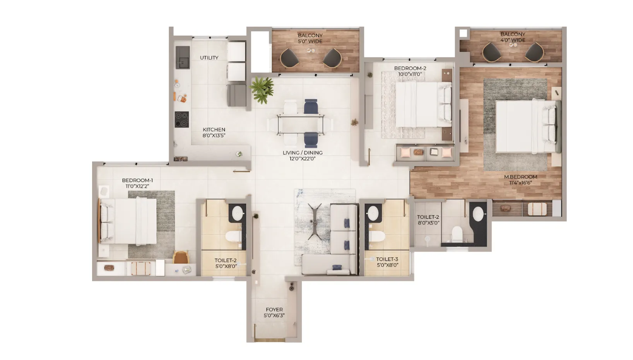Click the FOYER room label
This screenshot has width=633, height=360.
pyautogui.click(x=274, y=312)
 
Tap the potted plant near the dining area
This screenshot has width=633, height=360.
pyautogui.click(x=262, y=90)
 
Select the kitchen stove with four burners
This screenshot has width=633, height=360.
pyautogui.click(x=181, y=119)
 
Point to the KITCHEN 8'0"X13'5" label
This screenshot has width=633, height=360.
pyautogui.click(x=214, y=132)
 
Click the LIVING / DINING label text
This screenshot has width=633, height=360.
pyautogui.click(x=302, y=155)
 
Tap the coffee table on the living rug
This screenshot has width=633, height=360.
pyautogui.click(x=314, y=219)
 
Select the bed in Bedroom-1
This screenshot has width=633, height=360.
pyautogui.click(x=128, y=221)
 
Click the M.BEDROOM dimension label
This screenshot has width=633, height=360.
pyautogui.click(x=520, y=180)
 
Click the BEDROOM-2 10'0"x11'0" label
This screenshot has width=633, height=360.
pyautogui.click(x=410, y=71)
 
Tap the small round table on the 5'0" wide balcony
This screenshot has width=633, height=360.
pyautogui.click(x=311, y=50)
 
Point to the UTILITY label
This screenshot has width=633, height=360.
pyautogui.click(x=209, y=58)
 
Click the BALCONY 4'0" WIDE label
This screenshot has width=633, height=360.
pyautogui.click(x=513, y=37)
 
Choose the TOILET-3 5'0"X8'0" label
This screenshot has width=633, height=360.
pyautogui.click(x=387, y=262)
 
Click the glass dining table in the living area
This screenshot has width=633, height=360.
pyautogui.click(x=301, y=125)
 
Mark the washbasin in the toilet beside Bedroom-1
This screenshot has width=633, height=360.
pyautogui.click(x=236, y=213)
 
